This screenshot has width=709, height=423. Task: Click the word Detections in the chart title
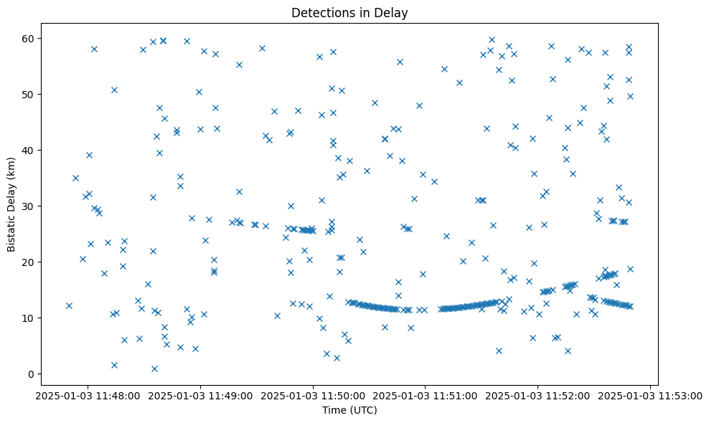coord(319,13)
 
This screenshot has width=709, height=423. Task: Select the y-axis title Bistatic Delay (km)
coord(11,204)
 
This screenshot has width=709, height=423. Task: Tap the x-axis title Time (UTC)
coord(349,410)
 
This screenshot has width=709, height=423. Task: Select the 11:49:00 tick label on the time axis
coord(200,395)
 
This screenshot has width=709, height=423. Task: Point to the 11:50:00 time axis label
coord(313,395)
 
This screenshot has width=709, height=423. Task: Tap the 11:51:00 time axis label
coord(426,395)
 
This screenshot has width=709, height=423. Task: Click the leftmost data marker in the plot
coord(69,305)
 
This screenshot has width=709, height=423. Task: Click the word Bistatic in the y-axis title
coord(11,229)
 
